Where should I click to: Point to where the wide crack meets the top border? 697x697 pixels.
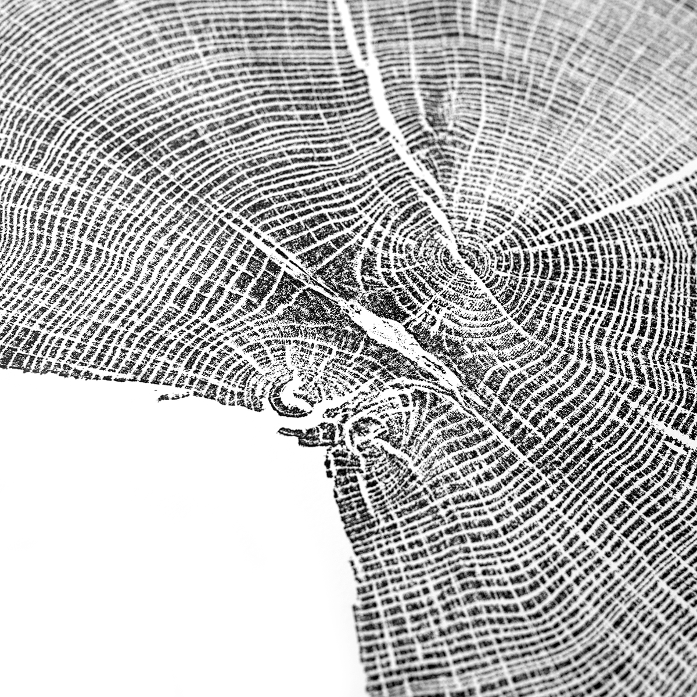click(x=340, y=2)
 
